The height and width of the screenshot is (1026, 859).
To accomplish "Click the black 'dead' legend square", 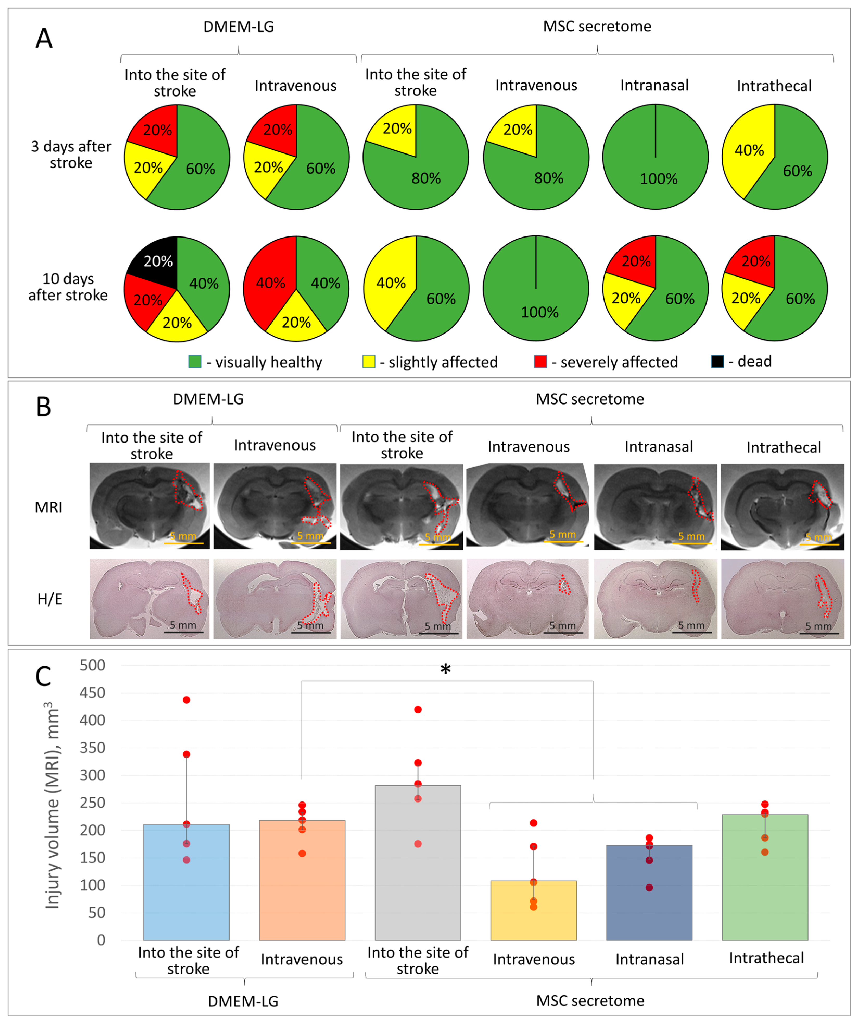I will (717, 362).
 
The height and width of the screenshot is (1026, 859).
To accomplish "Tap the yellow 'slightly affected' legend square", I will (368, 362).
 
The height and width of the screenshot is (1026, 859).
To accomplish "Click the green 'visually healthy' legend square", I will (195, 362).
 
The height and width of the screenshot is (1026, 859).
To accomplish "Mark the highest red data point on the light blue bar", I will (186, 700).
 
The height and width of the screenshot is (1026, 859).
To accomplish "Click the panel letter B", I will (43, 407).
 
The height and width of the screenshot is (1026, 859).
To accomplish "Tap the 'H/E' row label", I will (50, 599).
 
